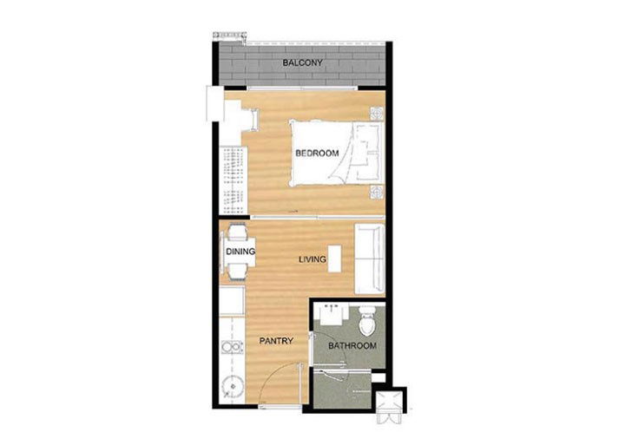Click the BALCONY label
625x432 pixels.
[x=302, y=63]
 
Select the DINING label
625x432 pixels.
[x=240, y=252]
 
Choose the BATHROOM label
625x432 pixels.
[x=352, y=346]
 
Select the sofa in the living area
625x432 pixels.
[x=369, y=257]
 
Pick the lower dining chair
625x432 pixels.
[x=235, y=270]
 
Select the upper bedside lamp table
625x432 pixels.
[x=376, y=114]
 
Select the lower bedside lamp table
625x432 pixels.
[x=376, y=193]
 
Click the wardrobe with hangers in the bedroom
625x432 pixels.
[x=231, y=178]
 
